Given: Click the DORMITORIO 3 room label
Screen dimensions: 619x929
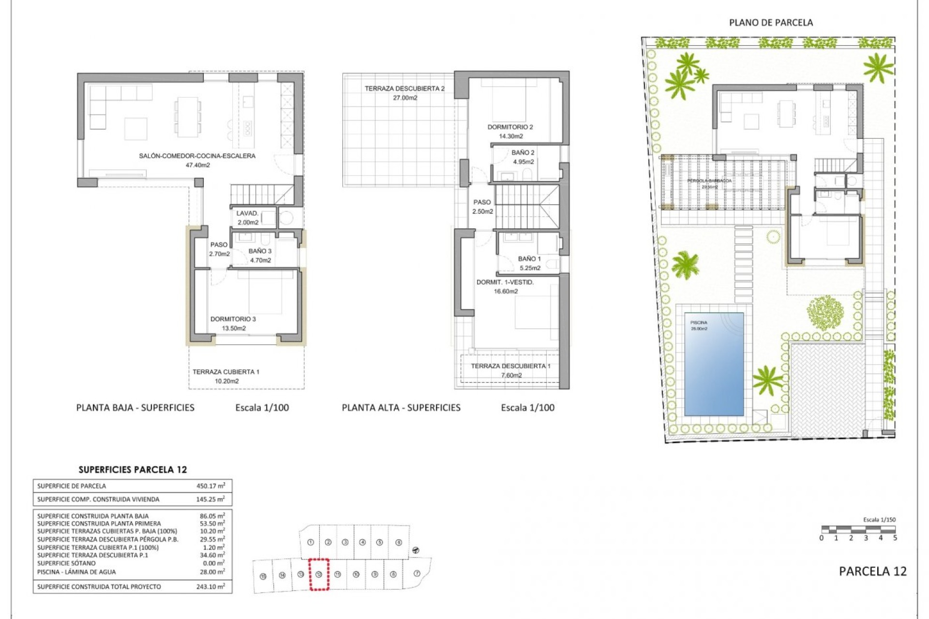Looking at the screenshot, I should (233, 319).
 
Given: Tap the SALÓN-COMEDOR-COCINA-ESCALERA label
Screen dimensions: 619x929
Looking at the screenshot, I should (197, 156).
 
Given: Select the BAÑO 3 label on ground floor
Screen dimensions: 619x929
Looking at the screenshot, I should (260, 251).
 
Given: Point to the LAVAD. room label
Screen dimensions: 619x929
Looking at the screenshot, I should (247, 213).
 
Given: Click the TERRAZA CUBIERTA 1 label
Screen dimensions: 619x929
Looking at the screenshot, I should (226, 372).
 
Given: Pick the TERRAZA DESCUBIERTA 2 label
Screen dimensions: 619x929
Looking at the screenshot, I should (404, 88).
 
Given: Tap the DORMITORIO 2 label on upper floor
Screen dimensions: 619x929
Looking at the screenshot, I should (510, 127).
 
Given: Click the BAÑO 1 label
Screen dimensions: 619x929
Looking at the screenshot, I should (529, 259).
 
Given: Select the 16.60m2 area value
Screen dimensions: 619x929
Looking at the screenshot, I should (506, 291).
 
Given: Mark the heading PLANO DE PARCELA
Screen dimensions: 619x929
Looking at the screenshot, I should (771, 22).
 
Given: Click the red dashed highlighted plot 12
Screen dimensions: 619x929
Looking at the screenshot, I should (319, 574).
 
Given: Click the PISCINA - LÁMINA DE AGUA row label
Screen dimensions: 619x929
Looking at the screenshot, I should (76, 572).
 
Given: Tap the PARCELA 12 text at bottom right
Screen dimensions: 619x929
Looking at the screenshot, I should (872, 571).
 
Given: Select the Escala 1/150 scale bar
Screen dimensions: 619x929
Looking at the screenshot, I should (858, 530).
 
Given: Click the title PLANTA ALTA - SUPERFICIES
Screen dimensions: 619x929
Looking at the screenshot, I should (401, 408).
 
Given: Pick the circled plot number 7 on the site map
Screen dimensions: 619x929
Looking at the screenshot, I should (417, 574).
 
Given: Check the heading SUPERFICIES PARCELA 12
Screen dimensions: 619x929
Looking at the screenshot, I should (133, 470).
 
